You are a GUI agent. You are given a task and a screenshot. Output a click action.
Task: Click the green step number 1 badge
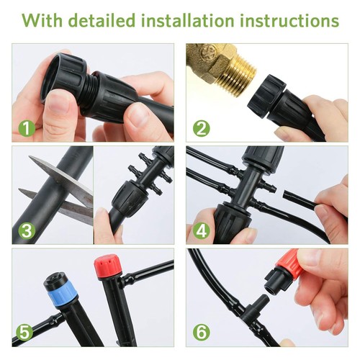pos(26,129)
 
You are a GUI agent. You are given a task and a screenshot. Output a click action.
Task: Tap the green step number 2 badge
pos(201,129)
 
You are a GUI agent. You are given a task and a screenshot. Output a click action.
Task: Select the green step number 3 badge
pos(26,231)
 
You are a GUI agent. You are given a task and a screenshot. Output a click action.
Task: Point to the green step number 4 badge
pos(201,231)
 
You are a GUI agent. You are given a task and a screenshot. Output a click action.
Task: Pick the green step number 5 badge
pos(26,333)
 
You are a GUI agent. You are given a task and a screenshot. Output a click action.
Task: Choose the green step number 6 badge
pos(201,333)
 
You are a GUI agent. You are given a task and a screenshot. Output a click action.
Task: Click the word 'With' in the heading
pos(45,20)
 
